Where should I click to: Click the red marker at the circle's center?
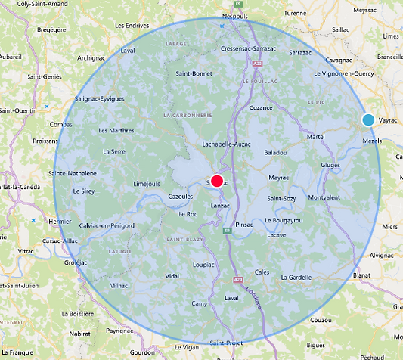[x=217, y=181]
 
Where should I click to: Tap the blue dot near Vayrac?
[x=368, y=119]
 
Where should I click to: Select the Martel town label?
[x=316, y=136]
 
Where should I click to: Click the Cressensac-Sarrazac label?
[x=246, y=49]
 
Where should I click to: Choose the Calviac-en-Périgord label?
[x=107, y=225]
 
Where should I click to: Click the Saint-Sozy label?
[x=281, y=198]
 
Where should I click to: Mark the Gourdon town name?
[x=142, y=352]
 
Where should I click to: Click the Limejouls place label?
[x=147, y=183]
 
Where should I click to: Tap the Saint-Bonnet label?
[x=194, y=74]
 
